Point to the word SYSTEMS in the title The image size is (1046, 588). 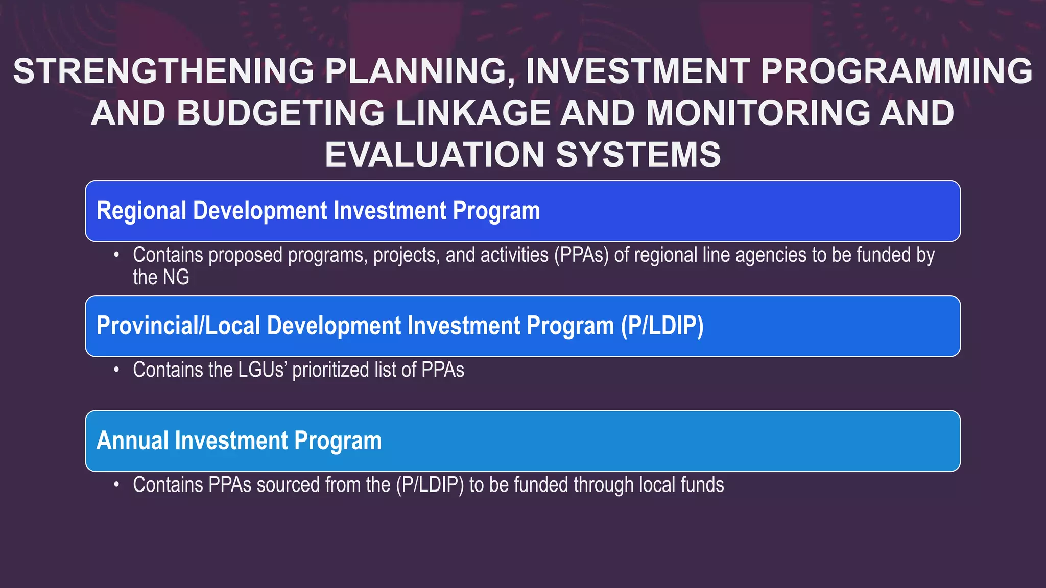pos(638,155)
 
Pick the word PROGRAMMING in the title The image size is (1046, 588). pos(896,71)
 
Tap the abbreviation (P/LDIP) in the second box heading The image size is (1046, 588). pos(662,326)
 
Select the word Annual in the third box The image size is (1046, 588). pos(132,441)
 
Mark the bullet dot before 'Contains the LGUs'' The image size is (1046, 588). pos(117,370)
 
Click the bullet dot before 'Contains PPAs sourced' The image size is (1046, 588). pos(117,485)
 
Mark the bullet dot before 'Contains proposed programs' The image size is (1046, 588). pos(117,255)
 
